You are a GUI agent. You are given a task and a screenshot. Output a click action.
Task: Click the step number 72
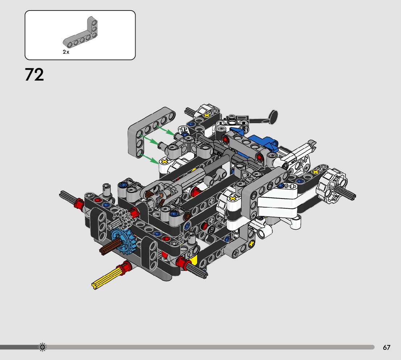[34, 74]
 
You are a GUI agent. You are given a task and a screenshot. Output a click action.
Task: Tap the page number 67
[386, 347]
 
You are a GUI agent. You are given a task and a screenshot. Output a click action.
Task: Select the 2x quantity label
[66, 52]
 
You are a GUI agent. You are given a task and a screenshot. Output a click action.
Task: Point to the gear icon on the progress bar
[42, 347]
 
